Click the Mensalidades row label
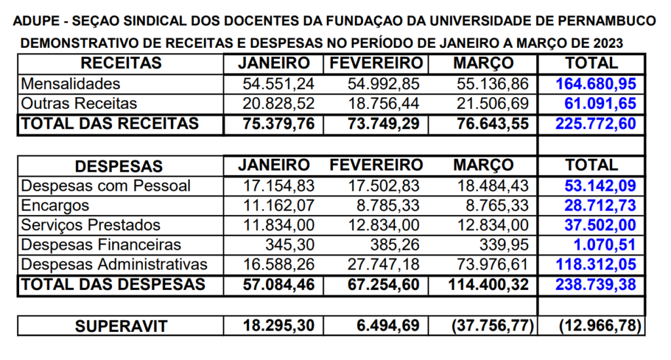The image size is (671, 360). (71, 84)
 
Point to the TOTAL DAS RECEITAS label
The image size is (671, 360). (109, 124)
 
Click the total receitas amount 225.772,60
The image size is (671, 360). (596, 124)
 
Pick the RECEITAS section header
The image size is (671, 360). (121, 64)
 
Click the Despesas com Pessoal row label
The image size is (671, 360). (106, 186)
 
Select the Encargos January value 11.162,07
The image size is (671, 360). (278, 205)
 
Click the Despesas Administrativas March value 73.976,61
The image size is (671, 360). (492, 264)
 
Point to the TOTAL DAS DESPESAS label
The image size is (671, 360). (113, 285)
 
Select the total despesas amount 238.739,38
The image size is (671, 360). (596, 285)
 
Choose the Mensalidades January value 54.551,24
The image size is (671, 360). (278, 84)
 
